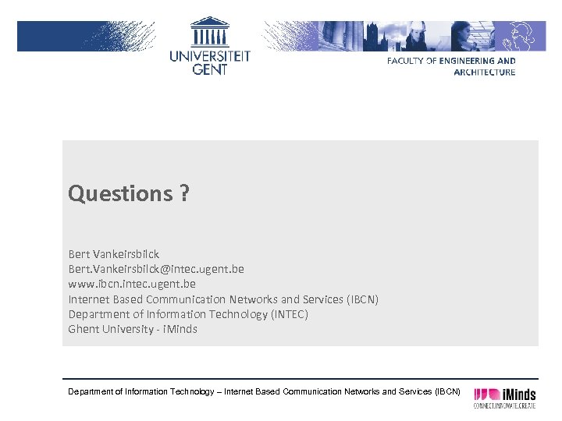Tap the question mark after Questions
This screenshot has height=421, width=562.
point(183,193)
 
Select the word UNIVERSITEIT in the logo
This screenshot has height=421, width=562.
point(210,56)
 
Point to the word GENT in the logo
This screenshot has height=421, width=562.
point(210,69)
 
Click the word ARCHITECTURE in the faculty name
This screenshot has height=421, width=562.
point(484,73)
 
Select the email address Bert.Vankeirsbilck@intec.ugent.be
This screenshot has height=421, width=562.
point(156,269)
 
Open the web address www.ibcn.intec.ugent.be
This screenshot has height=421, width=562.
point(132,284)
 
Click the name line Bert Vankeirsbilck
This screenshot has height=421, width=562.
point(114,254)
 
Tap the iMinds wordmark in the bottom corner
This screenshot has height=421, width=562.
point(518,394)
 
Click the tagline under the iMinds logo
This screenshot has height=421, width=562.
point(505,405)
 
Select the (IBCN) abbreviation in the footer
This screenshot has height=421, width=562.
point(447,391)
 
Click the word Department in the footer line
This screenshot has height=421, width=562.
point(91,391)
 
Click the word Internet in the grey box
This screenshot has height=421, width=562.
point(89,299)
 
